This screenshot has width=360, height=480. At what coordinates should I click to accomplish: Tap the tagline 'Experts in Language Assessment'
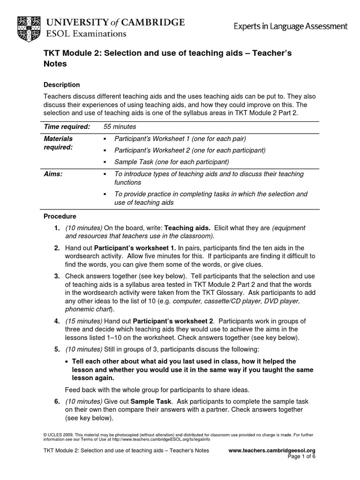pyautogui.click(x=291, y=27)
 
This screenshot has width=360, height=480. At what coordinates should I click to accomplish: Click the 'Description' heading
pyautogui.click(x=61, y=85)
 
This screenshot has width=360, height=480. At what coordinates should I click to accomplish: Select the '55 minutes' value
pyautogui.click(x=120, y=127)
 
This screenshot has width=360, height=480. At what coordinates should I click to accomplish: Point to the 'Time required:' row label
pyautogui.click(x=67, y=127)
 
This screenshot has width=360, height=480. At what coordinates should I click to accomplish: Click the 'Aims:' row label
pyautogui.click(x=53, y=174)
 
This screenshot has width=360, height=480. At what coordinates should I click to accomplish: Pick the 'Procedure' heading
pyautogui.click(x=60, y=217)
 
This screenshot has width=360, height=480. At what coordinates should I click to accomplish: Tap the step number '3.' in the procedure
pyautogui.click(x=56, y=276)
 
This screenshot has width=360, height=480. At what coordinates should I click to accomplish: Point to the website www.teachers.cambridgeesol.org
pyautogui.click(x=271, y=450)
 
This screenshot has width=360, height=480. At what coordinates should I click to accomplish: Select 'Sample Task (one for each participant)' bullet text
pyautogui.click(x=172, y=162)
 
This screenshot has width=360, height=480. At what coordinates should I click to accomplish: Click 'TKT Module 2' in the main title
pyautogui.click(x=70, y=53)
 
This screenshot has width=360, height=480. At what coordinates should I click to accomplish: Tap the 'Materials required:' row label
pyautogui.click(x=58, y=143)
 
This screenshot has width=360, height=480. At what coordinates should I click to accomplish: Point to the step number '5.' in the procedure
pyautogui.click(x=56, y=349)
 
